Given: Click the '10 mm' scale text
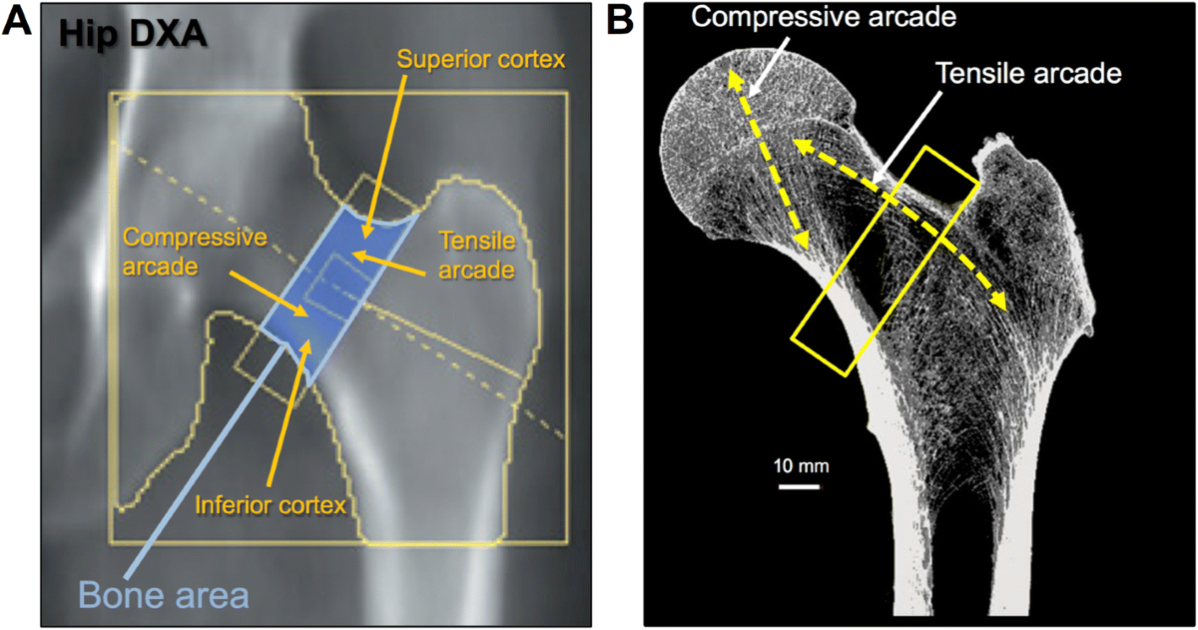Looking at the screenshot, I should tap(799, 465).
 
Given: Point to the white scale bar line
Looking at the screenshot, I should tap(799, 486).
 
